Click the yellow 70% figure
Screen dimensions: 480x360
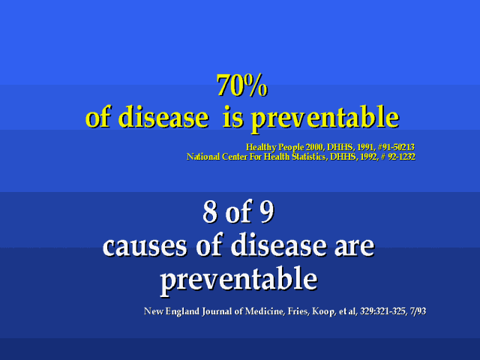[241, 85]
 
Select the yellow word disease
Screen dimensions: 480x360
[163, 117]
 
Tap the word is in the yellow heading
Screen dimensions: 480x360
[233, 117]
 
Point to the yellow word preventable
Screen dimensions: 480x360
[325, 119]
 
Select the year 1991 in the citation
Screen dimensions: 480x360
[366, 147]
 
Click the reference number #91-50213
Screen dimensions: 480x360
[396, 147]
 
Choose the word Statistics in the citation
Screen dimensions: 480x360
[309, 157]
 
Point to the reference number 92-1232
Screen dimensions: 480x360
[402, 157]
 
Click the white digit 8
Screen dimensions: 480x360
[210, 212]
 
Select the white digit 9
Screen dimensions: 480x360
[266, 212]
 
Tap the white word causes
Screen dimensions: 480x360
[145, 246]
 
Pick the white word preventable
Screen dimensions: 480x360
[238, 280]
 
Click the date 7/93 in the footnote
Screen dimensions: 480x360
[418, 311]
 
